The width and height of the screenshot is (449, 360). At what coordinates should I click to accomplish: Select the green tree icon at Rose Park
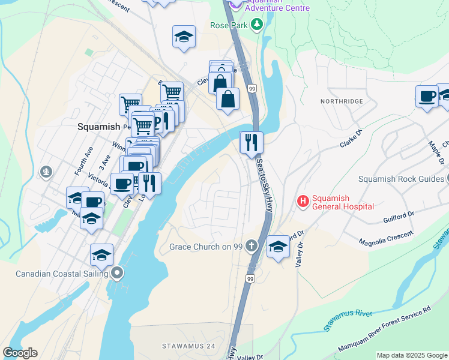tap(257, 25)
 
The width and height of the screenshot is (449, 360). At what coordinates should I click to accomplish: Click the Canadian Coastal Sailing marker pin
tap(118, 274)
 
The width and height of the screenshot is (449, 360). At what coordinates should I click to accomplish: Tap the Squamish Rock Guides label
tap(400, 179)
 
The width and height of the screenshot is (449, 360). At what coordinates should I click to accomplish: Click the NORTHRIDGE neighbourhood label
tap(342, 101)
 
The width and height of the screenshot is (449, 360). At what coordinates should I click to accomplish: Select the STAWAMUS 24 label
tap(188, 346)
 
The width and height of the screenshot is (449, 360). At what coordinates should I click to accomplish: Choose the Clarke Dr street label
tap(351, 139)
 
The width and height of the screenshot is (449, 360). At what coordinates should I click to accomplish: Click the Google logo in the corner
tap(20, 353)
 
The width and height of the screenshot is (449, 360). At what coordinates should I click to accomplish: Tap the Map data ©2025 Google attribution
tap(412, 355)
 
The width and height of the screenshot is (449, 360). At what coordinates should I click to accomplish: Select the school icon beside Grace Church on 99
tap(278, 247)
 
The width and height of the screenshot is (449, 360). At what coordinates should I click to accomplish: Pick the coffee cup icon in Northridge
tap(427, 97)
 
